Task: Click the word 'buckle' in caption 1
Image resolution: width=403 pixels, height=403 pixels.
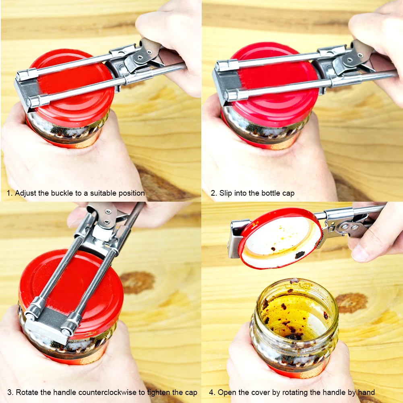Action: (x=62, y=193)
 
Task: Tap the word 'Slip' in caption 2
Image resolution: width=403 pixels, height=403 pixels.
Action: (x=226, y=193)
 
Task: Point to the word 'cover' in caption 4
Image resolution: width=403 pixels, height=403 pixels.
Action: (x=260, y=393)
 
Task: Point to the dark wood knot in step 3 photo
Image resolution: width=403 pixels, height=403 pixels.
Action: (x=137, y=282)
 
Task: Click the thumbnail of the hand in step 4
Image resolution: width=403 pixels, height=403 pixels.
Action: (x=360, y=253)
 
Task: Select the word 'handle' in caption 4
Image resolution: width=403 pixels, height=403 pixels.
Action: (x=332, y=393)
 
